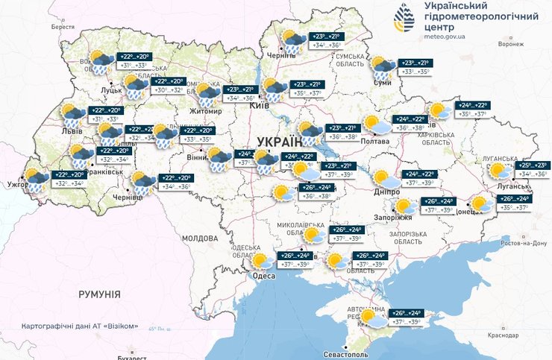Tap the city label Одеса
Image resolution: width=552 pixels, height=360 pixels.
pyautogui.click(x=263, y=276)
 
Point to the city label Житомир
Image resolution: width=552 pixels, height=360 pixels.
pyautogui.click(x=207, y=111)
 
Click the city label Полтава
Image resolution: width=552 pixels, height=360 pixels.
pyautogui.click(x=375, y=141)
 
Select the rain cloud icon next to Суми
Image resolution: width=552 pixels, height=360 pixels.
pyautogui.click(x=384, y=68)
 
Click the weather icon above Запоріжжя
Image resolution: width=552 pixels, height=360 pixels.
pyautogui.click(x=404, y=205)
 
